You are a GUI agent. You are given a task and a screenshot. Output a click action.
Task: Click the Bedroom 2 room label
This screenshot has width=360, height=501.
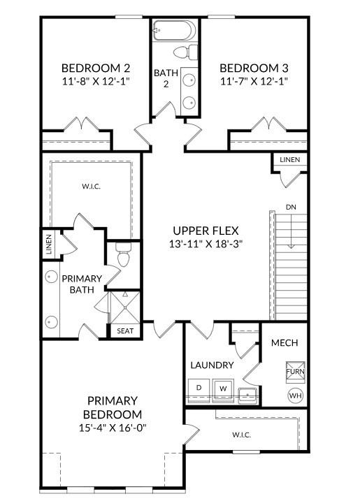click(96, 68)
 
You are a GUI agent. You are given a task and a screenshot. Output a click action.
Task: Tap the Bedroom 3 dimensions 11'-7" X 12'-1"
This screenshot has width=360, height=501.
click(254, 81)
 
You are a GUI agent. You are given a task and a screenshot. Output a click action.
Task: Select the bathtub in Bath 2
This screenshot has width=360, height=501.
click(174, 31)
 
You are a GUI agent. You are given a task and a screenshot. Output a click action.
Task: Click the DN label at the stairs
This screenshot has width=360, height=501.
click(290, 208)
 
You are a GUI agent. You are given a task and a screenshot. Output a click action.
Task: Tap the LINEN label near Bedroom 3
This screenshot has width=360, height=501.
click(289, 160)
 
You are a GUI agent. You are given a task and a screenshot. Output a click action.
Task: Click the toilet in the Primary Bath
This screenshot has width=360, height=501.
click(123, 257)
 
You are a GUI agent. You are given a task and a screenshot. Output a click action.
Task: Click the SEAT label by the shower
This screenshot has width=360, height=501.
click(125, 331)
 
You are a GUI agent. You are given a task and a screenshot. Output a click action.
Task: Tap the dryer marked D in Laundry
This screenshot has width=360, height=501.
click(199, 388)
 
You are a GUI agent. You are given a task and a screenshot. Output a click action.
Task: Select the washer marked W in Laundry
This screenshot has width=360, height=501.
click(223, 388)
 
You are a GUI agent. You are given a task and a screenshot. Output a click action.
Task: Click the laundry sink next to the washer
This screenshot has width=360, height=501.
click(247, 395)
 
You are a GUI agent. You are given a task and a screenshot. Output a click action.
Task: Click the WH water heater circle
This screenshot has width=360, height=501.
click(295, 395)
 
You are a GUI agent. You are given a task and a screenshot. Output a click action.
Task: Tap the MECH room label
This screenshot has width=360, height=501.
click(285, 342)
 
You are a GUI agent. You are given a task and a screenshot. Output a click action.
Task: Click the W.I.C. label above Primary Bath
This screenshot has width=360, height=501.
click(91, 187)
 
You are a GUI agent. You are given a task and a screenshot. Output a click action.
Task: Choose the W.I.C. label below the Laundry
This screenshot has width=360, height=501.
click(241, 435)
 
